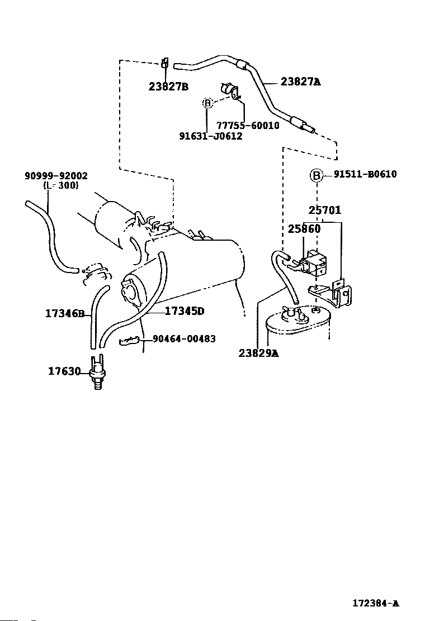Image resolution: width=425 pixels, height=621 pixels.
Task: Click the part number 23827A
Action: [300, 82]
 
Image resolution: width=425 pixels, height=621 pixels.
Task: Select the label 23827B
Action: [168, 87]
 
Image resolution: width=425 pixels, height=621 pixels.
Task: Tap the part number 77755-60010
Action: [248, 126]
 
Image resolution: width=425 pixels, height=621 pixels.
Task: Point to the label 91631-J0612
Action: [211, 136]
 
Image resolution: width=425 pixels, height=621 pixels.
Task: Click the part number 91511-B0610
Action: [365, 174]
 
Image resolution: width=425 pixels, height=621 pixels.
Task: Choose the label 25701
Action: [324, 211]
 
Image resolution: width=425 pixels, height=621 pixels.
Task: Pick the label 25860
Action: [304, 229]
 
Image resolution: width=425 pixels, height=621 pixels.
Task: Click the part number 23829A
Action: [258, 353]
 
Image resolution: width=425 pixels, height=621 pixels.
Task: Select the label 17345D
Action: [185, 311]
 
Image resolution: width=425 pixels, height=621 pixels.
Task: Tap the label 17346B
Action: [64, 314]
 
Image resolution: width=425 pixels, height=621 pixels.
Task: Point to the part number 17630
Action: [64, 371]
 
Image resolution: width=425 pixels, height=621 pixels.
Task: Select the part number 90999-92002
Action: [56, 176]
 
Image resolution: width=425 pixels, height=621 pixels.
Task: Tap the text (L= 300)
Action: [60, 185]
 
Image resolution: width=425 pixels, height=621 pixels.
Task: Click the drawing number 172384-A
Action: [375, 603]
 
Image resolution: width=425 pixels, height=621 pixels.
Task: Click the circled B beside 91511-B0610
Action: [317, 175]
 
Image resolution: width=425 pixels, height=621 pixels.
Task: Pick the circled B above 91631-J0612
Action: [207, 103]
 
